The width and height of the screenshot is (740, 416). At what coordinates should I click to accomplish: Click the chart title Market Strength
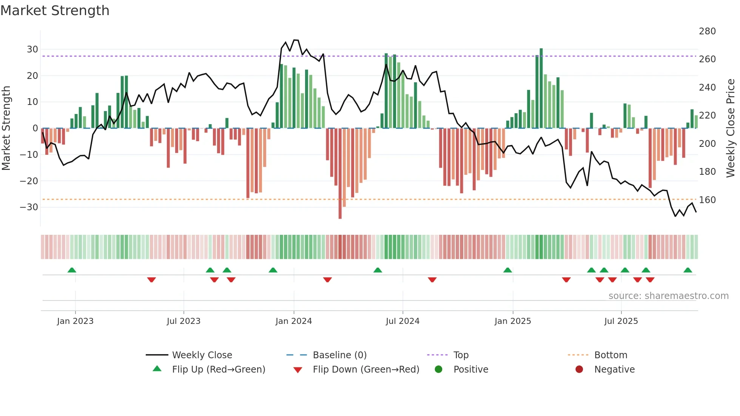(55, 11)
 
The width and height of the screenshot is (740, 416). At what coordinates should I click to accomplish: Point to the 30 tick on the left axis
(32, 49)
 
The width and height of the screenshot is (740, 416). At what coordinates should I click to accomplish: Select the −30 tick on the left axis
(29, 207)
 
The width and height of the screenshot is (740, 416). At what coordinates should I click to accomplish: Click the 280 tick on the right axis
(707, 31)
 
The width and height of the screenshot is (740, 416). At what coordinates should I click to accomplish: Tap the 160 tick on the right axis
(707, 200)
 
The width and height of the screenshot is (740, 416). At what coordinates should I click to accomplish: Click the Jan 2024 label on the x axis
(293, 321)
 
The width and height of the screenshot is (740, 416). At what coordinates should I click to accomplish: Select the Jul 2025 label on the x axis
(621, 321)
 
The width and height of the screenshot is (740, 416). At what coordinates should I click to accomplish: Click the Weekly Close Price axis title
(731, 128)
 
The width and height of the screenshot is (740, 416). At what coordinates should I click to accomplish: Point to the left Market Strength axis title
(6, 128)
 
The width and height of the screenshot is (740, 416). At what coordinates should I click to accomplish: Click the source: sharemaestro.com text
(668, 296)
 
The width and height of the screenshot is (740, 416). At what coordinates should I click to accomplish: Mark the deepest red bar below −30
(340, 174)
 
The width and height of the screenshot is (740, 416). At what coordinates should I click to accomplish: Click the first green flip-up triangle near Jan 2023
(72, 270)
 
